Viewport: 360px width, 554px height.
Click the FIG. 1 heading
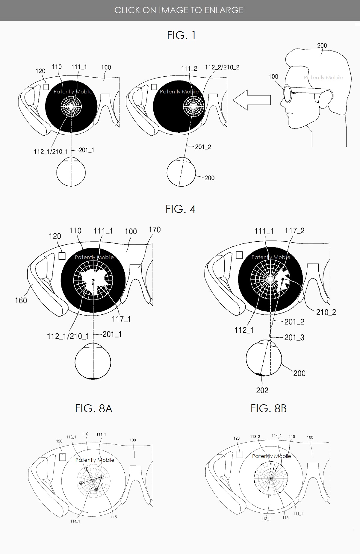(181, 35)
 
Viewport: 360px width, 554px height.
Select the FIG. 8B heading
(269, 408)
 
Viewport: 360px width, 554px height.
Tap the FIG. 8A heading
(94, 408)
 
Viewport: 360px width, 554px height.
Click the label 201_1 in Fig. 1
(86, 150)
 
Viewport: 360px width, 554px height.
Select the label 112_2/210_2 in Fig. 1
(222, 67)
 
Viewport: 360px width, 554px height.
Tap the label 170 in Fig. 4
(155, 230)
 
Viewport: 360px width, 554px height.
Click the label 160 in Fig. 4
(21, 300)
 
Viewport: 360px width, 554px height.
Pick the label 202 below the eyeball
(262, 390)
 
